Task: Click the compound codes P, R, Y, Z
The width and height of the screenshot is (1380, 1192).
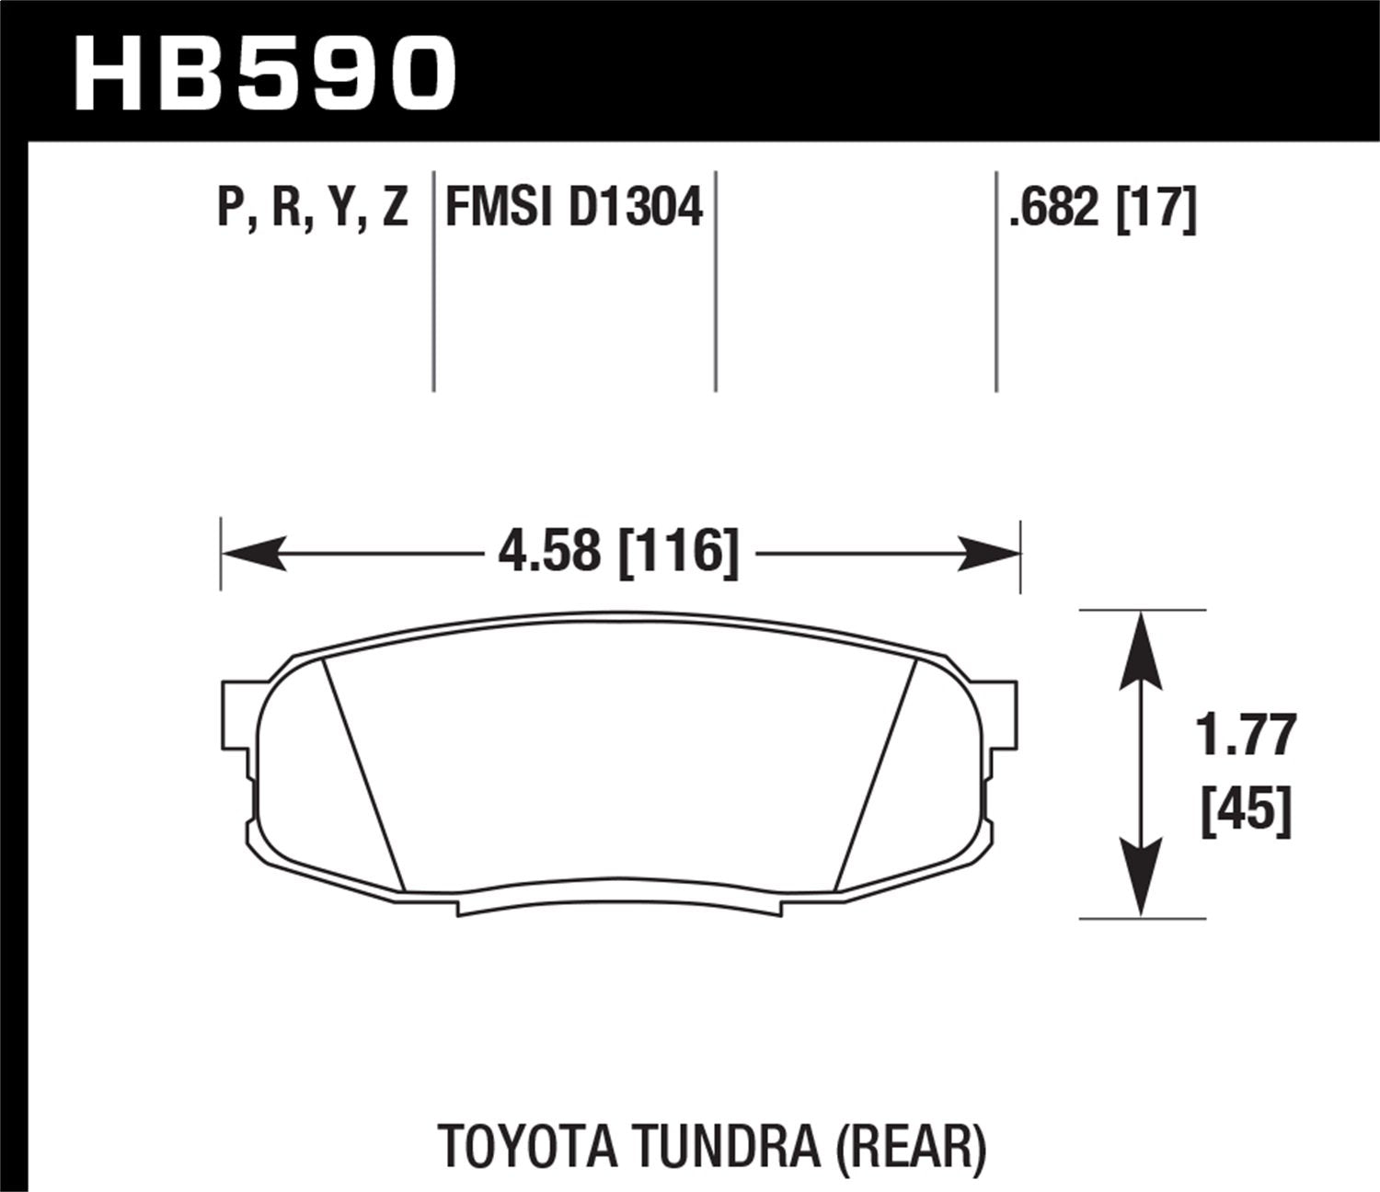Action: pyautogui.click(x=312, y=207)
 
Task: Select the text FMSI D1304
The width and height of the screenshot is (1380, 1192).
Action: pyautogui.click(x=574, y=207)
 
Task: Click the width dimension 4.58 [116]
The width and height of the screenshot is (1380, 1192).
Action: pyautogui.click(x=618, y=553)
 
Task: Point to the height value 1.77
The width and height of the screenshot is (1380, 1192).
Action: pyautogui.click(x=1247, y=736)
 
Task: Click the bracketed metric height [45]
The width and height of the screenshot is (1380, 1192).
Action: pyautogui.click(x=1247, y=810)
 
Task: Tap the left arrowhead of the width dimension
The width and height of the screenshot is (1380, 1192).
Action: pyautogui.click(x=254, y=554)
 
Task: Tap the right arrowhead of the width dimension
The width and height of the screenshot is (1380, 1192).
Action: pyautogui.click(x=989, y=554)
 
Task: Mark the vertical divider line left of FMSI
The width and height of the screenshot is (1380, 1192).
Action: pyautogui.click(x=433, y=281)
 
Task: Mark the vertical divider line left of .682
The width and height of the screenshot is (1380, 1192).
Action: pyautogui.click(x=996, y=281)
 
